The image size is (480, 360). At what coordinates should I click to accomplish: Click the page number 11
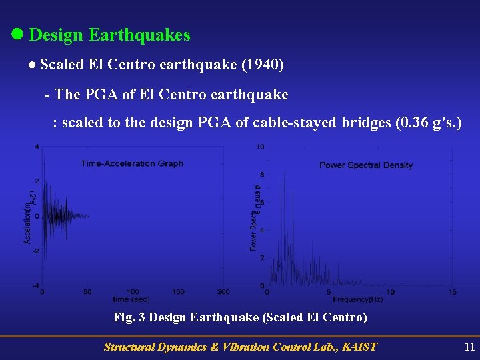469,347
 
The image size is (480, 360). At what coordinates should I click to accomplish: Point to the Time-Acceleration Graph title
132,163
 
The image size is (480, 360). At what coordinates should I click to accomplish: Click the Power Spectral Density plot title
366,165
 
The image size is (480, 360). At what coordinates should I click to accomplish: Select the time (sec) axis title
130,299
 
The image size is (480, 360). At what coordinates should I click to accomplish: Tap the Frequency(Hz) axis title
357,300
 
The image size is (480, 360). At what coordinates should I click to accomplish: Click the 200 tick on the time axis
223,292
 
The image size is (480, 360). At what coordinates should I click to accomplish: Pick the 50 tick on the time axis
87,292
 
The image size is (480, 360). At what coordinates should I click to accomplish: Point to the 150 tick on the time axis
178,292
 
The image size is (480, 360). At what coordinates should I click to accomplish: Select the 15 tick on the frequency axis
452,292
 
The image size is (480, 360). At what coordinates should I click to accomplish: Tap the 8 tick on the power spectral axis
261,175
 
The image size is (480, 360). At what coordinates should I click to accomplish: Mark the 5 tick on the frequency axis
329,292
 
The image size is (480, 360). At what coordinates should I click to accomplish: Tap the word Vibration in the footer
226,347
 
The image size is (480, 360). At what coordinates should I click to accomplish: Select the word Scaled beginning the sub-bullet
61,65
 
